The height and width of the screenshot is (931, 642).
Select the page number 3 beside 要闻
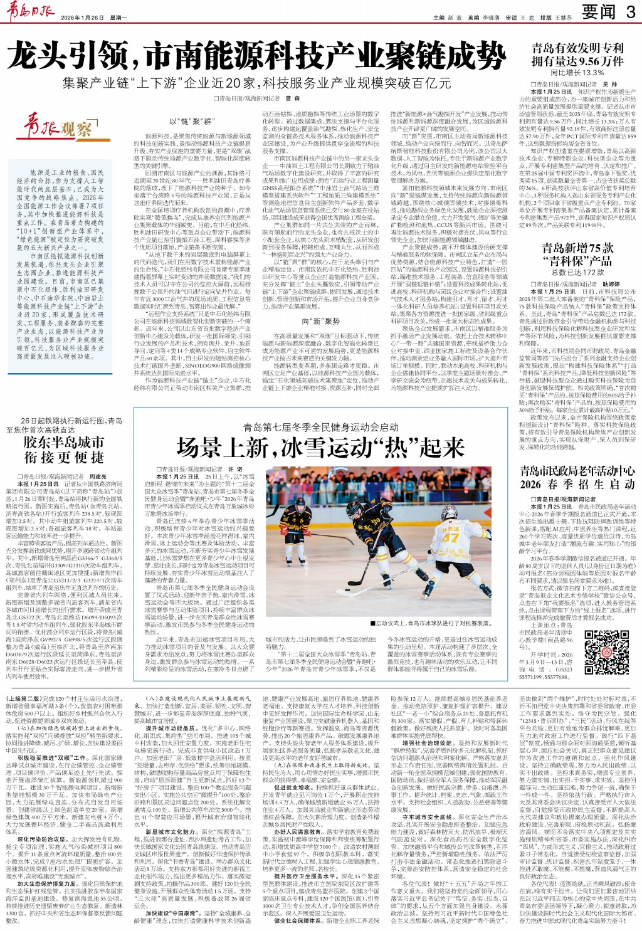pos(629,12)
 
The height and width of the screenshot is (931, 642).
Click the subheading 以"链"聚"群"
pos(192,121)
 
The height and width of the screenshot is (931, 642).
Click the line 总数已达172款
pos(577,273)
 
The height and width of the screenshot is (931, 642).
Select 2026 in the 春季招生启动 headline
pos(530,485)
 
